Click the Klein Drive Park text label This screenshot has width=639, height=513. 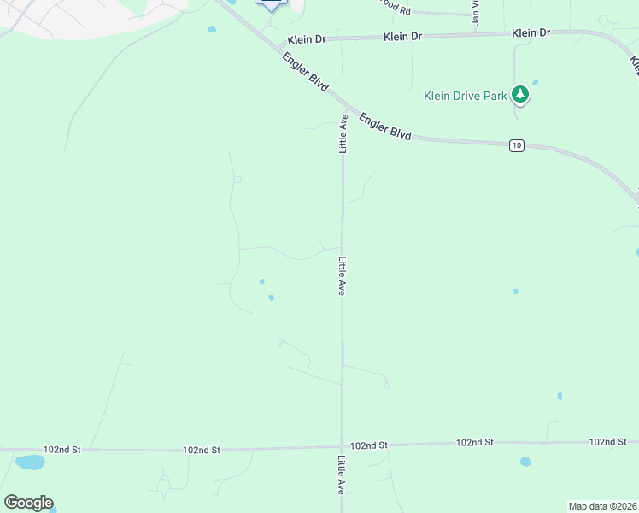point(466,96)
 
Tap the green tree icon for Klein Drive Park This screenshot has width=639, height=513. point(520,95)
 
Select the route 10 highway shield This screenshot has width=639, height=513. point(516,146)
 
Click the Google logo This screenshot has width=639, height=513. point(28,502)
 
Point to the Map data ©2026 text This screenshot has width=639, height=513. point(602,506)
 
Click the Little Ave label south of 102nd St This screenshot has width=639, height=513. point(342,476)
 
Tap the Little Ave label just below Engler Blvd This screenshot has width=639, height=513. point(343,133)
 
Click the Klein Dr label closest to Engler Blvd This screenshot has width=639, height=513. point(306,39)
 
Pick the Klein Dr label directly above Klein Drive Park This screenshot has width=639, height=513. point(531,32)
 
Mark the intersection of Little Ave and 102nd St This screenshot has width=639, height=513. point(343,446)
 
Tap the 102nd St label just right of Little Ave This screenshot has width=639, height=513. point(369,445)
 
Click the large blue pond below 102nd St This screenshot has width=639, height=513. point(30,463)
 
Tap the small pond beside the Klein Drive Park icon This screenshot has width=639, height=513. point(536,83)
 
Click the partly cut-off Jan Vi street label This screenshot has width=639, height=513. point(476,15)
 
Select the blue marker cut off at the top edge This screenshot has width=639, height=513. point(271,4)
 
